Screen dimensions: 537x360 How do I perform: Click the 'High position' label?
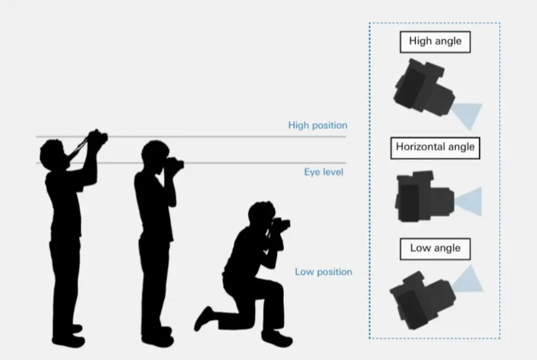pos(317,126)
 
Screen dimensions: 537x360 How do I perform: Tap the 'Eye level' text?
pos(324,172)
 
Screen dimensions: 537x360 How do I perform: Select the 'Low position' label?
pos(324,272)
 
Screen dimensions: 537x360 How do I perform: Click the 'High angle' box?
pos(435,42)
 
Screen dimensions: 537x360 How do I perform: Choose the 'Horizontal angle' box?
pos(435,148)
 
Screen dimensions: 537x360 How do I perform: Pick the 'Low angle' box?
pos(435,249)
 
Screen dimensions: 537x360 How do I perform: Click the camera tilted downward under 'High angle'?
pos(424,88)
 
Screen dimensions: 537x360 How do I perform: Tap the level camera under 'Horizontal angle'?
pos(425,197)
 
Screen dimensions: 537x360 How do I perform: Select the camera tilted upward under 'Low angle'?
pos(423,300)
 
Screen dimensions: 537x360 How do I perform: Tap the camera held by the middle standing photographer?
pos(175,163)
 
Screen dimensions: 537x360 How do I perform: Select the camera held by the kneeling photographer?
pos(281,224)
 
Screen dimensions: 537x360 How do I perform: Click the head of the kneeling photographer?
pos(261,214)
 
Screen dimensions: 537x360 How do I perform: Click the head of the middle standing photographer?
pos(155,155)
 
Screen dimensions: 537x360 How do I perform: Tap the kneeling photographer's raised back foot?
pos(203,319)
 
